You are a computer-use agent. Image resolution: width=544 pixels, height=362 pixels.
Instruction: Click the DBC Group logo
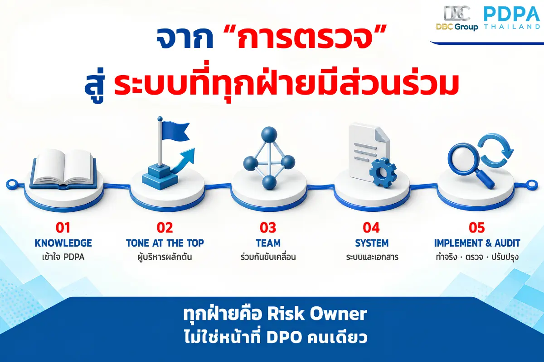click(x=457, y=18)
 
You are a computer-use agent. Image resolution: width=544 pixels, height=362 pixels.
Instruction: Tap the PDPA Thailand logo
click(x=512, y=18)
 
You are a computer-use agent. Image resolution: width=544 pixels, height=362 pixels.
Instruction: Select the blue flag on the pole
click(x=175, y=131)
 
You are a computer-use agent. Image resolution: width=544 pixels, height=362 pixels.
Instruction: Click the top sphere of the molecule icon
click(x=269, y=134)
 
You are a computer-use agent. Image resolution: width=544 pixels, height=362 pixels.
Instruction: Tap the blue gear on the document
click(x=383, y=172)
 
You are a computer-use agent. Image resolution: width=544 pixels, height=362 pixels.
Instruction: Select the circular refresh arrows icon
click(x=495, y=149)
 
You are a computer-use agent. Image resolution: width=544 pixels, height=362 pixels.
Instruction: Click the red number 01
click(x=63, y=228)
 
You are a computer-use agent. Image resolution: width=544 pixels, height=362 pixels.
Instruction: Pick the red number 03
click(x=268, y=228)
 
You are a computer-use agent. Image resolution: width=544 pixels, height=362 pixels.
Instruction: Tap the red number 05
click(x=477, y=228)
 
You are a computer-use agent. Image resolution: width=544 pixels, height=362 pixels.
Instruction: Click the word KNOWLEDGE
click(x=63, y=243)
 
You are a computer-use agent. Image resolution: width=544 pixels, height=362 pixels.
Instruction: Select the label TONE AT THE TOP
click(x=165, y=243)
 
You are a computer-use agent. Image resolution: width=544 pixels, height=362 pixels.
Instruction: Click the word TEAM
click(x=268, y=243)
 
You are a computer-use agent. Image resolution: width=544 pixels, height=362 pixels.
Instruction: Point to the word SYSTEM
click(x=372, y=243)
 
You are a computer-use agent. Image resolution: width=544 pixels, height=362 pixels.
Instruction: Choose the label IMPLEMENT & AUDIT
click(x=477, y=243)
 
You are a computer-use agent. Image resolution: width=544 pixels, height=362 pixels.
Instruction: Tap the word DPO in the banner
click(x=284, y=337)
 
